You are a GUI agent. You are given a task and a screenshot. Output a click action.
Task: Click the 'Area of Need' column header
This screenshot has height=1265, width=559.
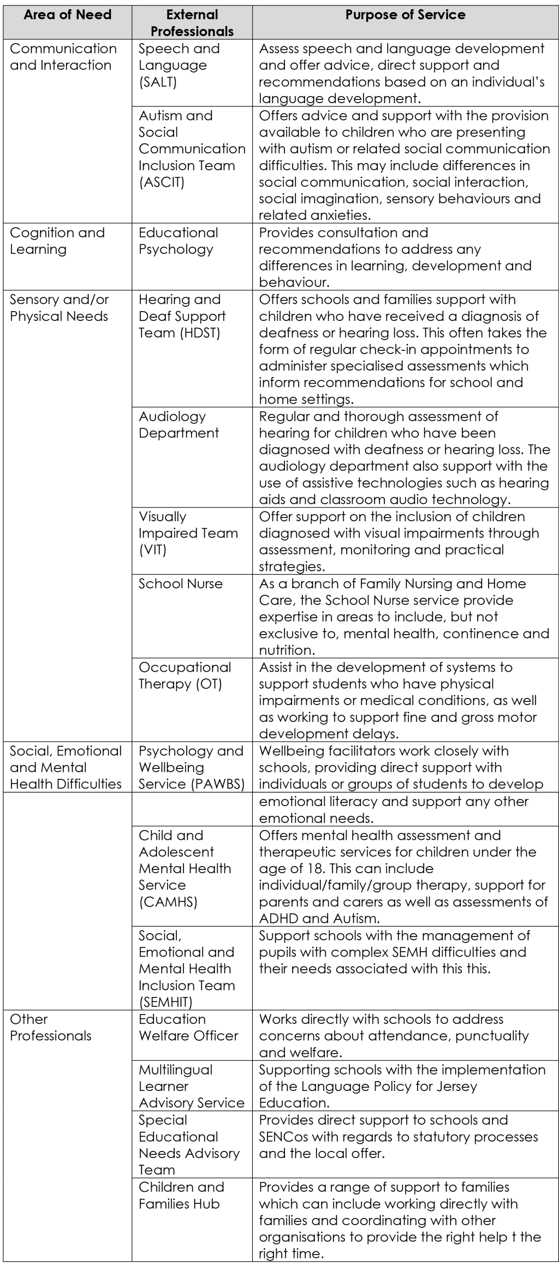67,15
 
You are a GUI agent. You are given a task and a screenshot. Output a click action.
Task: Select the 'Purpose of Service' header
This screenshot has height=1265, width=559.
405,15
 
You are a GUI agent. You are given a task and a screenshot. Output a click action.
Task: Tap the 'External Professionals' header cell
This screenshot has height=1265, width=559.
192,23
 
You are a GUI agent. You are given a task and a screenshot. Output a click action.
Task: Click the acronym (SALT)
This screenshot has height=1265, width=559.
158,82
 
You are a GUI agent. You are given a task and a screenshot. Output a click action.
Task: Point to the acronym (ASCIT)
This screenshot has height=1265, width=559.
162,182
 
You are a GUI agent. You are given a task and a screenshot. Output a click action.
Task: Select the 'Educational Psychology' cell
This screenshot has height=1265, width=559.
178,241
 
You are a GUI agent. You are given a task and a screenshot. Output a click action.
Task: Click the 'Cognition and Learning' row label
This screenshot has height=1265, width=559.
57,241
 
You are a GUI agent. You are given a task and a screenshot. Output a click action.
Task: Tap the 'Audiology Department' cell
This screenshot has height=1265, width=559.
179,425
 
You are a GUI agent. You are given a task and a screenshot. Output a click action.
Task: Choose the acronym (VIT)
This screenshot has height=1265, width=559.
152,550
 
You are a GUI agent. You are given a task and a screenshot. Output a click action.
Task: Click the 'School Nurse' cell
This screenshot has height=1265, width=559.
181,583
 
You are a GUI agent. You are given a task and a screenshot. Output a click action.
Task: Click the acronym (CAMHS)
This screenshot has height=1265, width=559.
168,902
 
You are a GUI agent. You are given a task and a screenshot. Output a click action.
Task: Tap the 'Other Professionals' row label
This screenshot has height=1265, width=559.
51,1027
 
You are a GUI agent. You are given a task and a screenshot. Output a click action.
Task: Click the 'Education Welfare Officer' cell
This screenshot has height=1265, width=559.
188,1027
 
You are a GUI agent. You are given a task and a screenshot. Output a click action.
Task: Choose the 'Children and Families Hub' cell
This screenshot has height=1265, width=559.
181,1195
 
